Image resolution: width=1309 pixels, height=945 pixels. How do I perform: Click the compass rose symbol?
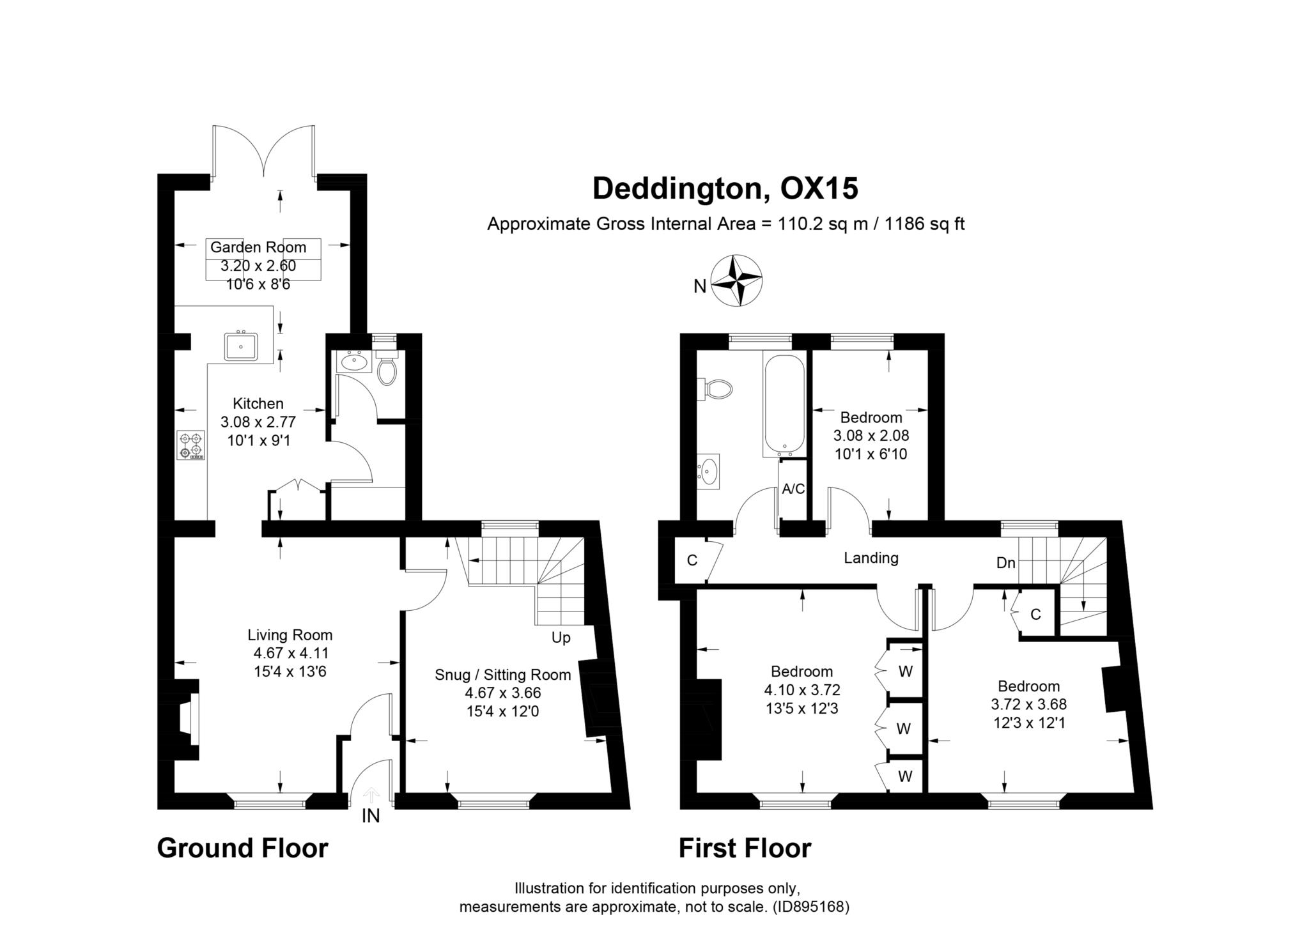coord(737,280)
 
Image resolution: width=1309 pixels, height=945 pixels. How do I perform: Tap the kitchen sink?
coord(241,347)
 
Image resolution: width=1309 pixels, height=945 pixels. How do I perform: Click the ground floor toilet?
coord(386,369)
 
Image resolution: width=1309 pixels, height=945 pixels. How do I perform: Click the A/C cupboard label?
coord(793,489)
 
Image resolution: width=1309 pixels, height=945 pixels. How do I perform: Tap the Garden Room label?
coord(258,247)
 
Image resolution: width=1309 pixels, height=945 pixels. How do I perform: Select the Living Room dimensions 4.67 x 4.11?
coord(291,653)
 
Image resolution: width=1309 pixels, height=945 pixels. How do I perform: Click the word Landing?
coord(871,558)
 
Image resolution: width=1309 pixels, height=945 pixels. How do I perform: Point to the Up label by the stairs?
coord(561,638)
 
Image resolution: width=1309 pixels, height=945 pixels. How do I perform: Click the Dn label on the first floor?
coord(1005,563)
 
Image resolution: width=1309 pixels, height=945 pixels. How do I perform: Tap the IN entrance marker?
coord(371,816)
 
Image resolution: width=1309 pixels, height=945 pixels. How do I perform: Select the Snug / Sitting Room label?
coord(502,675)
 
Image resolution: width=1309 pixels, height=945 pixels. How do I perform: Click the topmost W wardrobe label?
coord(905,672)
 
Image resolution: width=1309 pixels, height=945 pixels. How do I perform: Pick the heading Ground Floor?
coord(242,849)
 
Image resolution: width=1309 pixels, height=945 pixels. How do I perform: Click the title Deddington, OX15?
coord(725,188)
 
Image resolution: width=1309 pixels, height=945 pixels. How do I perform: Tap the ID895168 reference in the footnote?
coord(810,907)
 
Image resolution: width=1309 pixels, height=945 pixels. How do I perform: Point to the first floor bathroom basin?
coord(709,472)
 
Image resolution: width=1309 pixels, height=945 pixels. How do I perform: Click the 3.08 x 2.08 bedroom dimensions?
coord(871,436)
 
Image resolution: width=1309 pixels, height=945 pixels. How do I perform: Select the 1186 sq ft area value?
coord(924,224)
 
